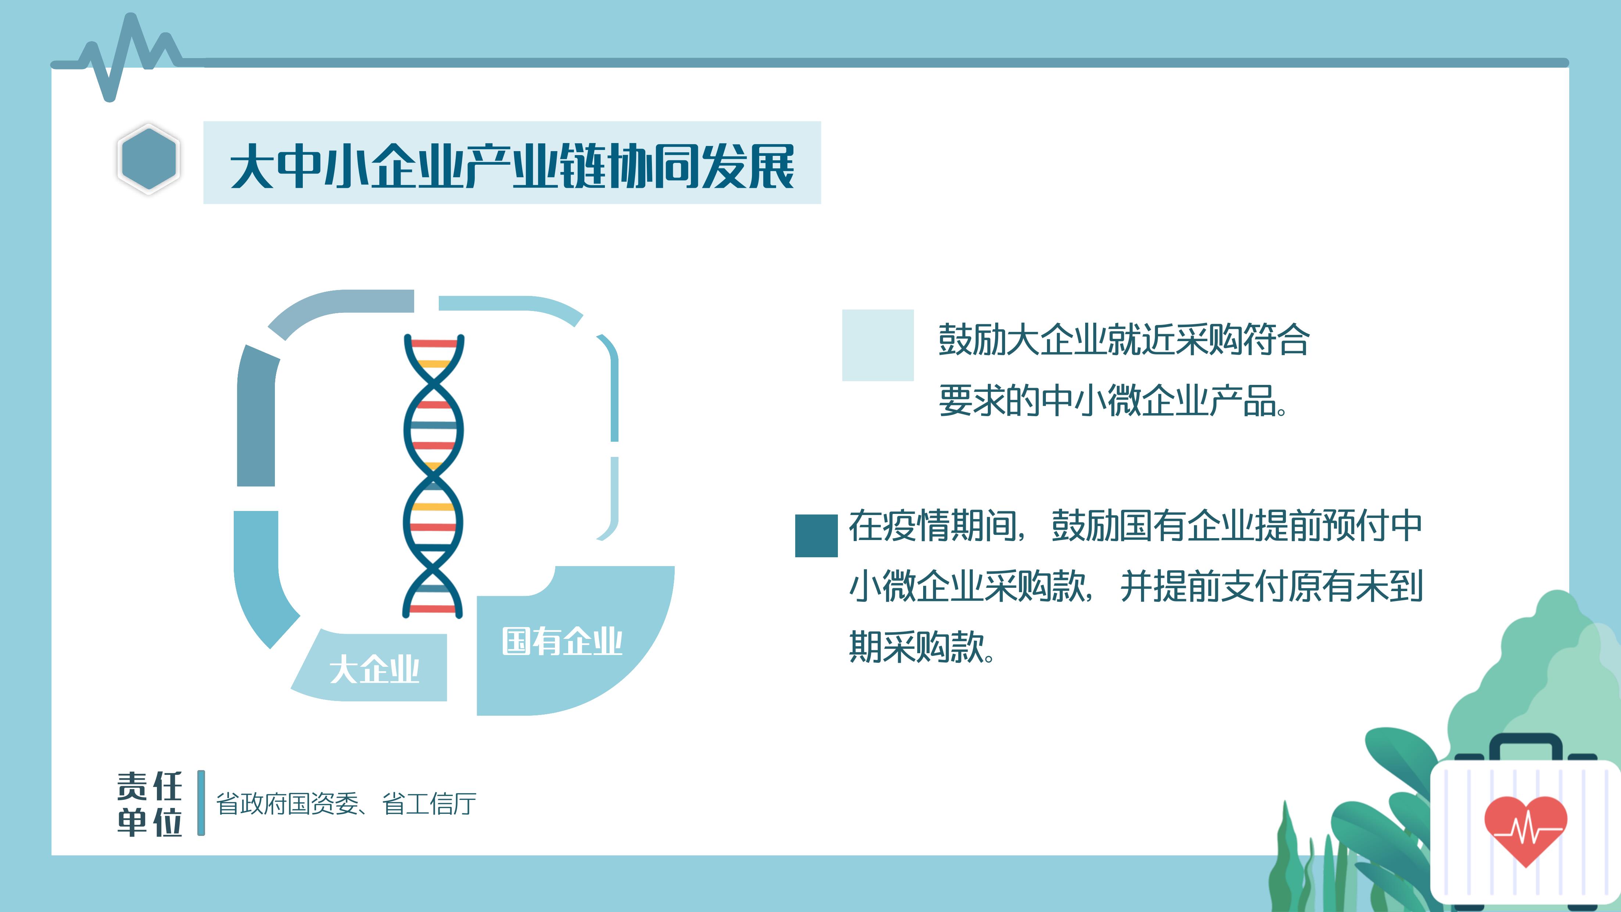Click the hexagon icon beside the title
148,158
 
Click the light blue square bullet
878,345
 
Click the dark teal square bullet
816,536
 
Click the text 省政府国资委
287,804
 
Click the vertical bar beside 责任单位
201,803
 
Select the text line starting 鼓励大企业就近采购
1124,340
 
